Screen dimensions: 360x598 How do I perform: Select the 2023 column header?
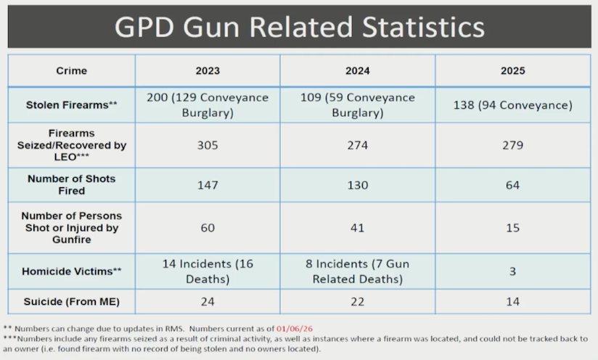(x=208, y=71)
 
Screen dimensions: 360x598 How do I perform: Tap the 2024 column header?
(x=358, y=71)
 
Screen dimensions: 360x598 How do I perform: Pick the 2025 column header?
(x=512, y=71)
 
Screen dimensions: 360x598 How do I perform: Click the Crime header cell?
(x=71, y=71)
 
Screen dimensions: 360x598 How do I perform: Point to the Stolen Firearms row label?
(x=71, y=105)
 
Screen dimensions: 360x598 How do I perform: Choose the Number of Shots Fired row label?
(x=71, y=184)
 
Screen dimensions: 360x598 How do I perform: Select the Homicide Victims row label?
(x=71, y=271)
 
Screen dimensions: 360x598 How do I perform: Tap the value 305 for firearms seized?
(x=208, y=145)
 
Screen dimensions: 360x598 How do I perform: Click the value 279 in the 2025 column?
(x=512, y=145)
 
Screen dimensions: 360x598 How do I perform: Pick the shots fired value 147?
(x=208, y=185)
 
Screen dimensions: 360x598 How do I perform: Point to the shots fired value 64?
(x=512, y=185)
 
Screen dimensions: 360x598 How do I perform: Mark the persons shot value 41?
(x=358, y=227)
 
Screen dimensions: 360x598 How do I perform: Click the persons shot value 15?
(x=512, y=227)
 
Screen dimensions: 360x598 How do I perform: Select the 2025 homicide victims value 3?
(x=512, y=271)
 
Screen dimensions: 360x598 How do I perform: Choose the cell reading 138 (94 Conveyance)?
(x=512, y=105)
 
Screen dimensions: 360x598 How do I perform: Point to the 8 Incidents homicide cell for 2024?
(x=358, y=271)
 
